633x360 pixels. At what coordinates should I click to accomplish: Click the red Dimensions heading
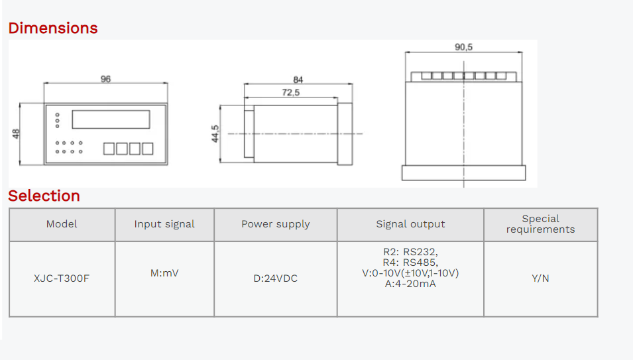coord(53,28)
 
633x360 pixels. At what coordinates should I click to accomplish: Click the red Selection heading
coord(44,196)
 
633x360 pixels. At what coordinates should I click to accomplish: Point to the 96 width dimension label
coord(105,79)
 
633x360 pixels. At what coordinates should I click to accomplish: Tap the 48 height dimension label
coord(16,133)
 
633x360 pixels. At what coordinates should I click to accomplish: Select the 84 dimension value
coord(298,80)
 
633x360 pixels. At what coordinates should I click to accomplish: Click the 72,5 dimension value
coord(290,93)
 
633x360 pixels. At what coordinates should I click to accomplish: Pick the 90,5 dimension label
coord(463,47)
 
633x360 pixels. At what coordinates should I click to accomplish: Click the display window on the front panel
coord(111,119)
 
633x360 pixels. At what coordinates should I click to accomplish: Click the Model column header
coord(62,224)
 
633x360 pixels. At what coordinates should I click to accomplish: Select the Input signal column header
coord(164,224)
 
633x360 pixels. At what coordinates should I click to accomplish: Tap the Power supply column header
coord(275,224)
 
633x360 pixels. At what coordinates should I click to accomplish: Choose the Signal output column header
coord(410,224)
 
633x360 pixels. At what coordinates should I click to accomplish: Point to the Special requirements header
coord(540,224)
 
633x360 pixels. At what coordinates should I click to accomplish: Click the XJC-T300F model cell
coord(62,278)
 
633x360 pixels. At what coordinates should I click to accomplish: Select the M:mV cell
coord(164,273)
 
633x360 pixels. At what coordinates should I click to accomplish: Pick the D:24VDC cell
coord(275,278)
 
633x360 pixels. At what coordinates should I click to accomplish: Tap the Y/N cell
coord(540,278)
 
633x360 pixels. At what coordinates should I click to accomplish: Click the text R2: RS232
coord(410,252)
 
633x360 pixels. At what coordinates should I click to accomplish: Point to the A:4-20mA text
coord(410,284)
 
